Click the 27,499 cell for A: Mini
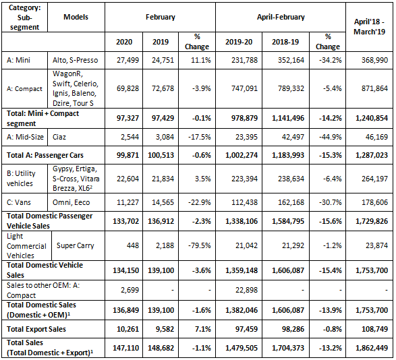(128, 60)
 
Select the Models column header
(76, 17)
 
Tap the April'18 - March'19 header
(369, 26)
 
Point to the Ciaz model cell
(59, 137)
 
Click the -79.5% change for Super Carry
(199, 245)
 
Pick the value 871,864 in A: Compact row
(374, 88)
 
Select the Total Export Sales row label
(36, 329)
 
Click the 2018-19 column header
(285, 42)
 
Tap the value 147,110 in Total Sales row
(125, 348)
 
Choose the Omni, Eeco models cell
(72, 202)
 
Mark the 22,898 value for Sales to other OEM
(246, 290)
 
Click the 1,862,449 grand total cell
(372, 348)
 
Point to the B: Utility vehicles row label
(21, 178)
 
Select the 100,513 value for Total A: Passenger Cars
(161, 155)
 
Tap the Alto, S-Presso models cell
(76, 60)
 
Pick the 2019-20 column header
(239, 42)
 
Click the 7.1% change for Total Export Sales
(203, 329)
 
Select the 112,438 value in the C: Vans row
(244, 202)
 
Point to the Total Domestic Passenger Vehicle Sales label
(49, 221)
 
